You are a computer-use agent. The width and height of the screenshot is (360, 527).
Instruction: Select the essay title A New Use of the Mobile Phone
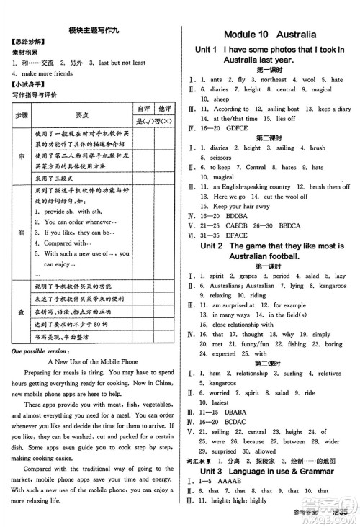coord(91,361)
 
